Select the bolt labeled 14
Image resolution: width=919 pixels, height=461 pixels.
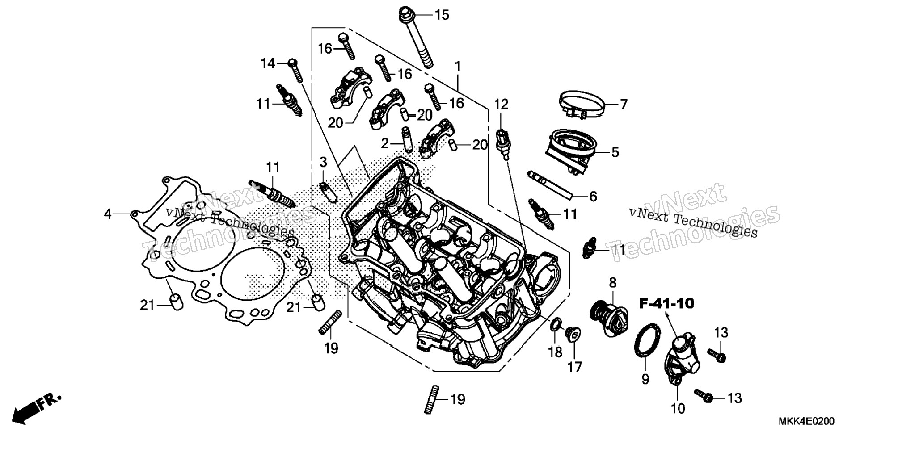[296, 71]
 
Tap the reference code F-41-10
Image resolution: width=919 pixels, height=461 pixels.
[666, 304]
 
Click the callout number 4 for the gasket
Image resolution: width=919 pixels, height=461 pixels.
[107, 214]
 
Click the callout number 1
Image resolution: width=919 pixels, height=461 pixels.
[458, 67]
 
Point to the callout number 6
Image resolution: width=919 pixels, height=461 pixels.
[593, 196]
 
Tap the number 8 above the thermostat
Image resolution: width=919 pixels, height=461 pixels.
[612, 282]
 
